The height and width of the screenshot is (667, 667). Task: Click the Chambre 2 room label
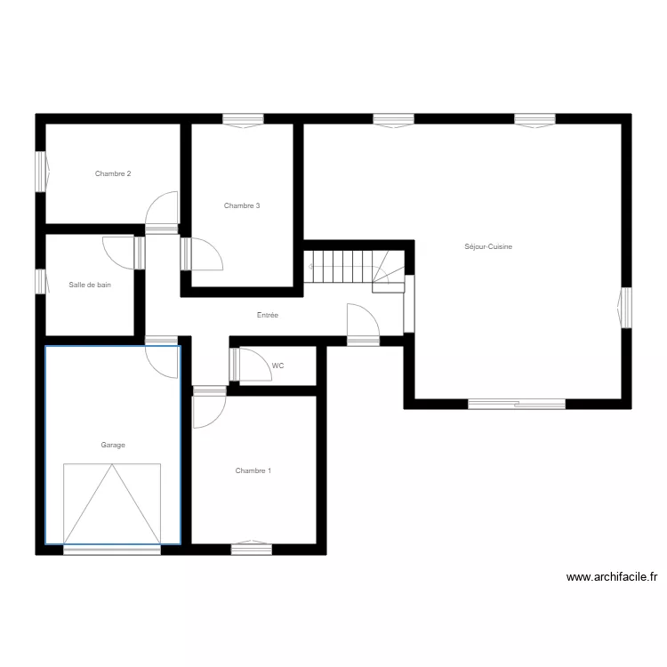[113, 173]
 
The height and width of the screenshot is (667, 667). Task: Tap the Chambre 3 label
[242, 205]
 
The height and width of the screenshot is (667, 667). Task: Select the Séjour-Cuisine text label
[488, 246]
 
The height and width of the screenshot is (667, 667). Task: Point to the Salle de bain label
[90, 285]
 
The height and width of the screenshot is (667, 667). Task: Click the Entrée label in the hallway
[268, 315]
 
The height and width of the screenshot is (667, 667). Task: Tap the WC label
[278, 366]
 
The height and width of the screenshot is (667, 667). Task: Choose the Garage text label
[113, 445]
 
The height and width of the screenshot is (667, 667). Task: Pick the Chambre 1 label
[253, 470]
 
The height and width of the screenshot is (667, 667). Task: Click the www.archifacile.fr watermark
[612, 577]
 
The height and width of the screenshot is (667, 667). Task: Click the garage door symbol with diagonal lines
[112, 503]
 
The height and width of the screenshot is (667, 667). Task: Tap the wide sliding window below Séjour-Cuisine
[517, 404]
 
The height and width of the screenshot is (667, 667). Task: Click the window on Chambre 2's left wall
[41, 170]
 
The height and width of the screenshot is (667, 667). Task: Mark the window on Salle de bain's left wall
[40, 281]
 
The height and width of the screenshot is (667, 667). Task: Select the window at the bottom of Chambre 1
[252, 549]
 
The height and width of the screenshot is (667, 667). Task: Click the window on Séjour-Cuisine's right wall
[625, 307]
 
